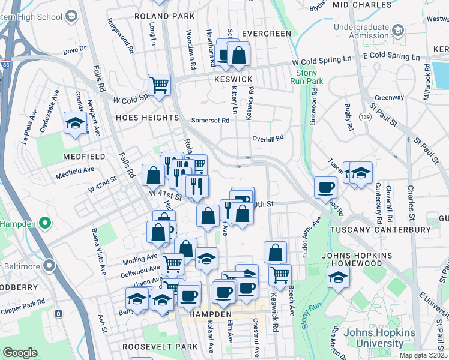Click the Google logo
click(x=20, y=352)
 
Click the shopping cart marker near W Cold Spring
click(x=160, y=85)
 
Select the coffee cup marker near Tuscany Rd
click(x=325, y=187)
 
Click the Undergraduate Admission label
click(x=361, y=31)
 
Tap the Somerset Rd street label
click(x=210, y=120)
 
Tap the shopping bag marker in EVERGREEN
click(x=238, y=55)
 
